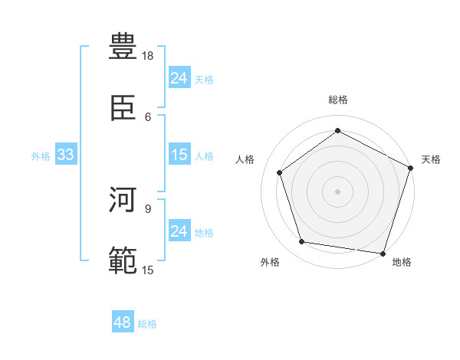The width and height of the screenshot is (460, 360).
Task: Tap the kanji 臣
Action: click(123, 108)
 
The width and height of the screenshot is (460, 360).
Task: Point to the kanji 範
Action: click(123, 261)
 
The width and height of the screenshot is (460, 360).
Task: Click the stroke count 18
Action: click(148, 56)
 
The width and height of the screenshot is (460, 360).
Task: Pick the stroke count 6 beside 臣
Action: click(148, 116)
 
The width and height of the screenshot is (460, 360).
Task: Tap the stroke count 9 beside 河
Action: click(148, 208)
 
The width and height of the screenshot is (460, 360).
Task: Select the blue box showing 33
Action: click(65, 155)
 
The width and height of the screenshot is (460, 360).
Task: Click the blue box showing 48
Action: click(123, 323)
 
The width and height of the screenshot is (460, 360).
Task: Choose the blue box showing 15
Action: click(179, 155)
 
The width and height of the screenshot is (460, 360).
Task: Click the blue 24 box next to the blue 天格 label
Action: click(179, 78)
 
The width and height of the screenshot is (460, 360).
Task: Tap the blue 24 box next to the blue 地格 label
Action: click(179, 231)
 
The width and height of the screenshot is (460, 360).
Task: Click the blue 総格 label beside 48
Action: click(147, 324)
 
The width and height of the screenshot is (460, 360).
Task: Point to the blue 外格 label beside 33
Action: click(41, 156)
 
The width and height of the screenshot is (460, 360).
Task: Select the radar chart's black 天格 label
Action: click(431, 159)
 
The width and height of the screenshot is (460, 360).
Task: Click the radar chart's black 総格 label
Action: click(337, 100)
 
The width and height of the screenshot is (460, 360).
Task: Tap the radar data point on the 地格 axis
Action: click(383, 253)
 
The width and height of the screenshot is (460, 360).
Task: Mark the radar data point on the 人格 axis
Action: click(280, 172)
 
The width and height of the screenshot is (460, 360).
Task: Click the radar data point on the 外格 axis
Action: click(302, 242)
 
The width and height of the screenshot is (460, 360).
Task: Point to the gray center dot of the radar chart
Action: click(337, 191)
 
